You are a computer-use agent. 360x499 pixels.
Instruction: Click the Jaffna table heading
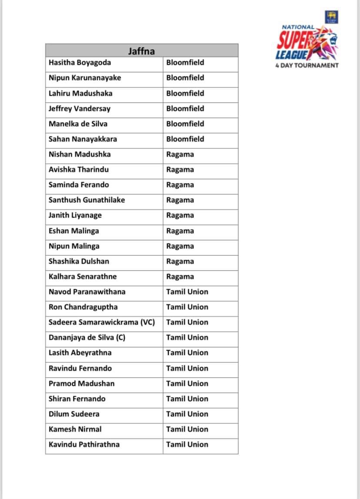pos(141,51)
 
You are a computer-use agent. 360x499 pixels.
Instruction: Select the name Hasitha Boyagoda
pos(80,63)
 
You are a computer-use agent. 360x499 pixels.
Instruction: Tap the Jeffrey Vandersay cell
pos(79,108)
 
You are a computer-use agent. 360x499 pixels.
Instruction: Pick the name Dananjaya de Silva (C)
pos(87,338)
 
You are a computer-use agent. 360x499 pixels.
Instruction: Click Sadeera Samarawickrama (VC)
pos(102,322)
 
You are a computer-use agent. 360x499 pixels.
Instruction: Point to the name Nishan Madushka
pos(80,154)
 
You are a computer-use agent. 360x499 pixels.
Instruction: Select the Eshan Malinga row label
pos(74,231)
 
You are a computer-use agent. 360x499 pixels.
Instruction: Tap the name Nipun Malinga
pos(74,246)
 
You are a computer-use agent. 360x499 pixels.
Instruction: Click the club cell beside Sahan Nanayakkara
pos(185,139)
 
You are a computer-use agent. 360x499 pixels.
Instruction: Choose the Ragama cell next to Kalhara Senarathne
pos(180,277)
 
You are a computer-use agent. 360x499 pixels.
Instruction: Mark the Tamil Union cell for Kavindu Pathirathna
pos(187,445)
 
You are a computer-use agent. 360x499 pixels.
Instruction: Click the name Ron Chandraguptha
pos(83,307)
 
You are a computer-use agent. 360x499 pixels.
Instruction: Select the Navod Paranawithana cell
pos(87,292)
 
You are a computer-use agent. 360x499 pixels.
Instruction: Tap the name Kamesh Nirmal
pos(75,429)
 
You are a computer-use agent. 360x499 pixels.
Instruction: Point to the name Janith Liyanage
pos(75,215)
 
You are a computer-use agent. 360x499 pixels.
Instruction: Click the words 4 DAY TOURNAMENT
pos(307,66)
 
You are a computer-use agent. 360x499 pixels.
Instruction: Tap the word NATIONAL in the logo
pos(298,27)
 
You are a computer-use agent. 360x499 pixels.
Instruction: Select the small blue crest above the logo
pos(331,17)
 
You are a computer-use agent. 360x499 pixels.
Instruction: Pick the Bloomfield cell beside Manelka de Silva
pos(185,124)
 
